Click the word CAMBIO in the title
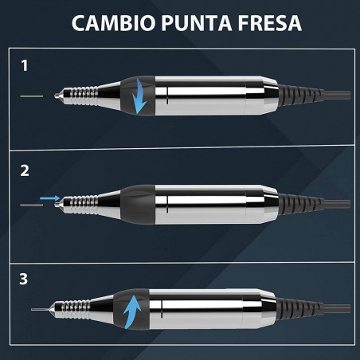click(113, 23)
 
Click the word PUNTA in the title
click(197, 23)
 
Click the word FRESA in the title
click(270, 23)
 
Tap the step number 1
click(25, 65)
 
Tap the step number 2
click(25, 170)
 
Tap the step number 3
click(24, 279)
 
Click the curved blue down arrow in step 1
click(139, 96)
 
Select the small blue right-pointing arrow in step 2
click(50, 198)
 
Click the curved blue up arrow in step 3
click(132, 308)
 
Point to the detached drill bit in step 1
click(32, 96)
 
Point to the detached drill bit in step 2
click(32, 205)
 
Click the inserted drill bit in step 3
click(40, 310)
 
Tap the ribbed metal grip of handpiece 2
click(83, 205)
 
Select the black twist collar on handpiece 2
click(138, 205)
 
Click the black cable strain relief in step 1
click(301, 96)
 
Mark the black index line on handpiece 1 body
click(167, 96)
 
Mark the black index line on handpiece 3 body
click(162, 309)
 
